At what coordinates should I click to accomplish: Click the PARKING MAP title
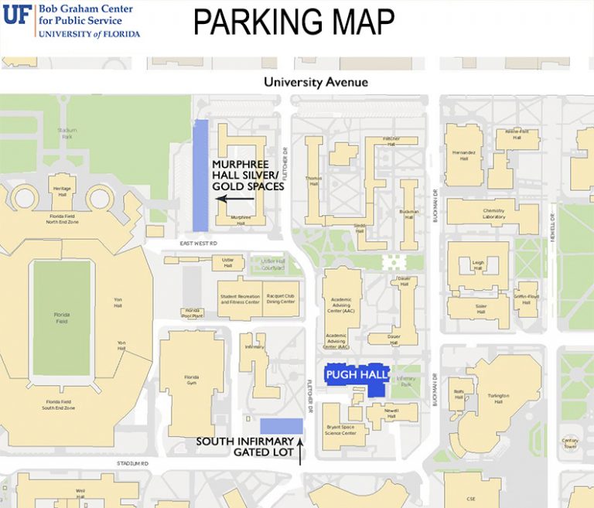coord(293,22)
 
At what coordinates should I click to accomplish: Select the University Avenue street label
coord(316,82)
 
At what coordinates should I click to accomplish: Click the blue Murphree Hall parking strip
coord(200,175)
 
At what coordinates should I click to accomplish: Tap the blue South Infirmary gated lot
coord(281,425)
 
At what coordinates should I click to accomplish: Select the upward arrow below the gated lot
coord(301,452)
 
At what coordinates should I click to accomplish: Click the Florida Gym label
coord(191,380)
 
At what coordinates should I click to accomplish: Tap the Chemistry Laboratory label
coord(493,213)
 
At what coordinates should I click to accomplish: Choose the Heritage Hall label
coord(62,190)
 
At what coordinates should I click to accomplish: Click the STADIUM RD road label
coord(131,463)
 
